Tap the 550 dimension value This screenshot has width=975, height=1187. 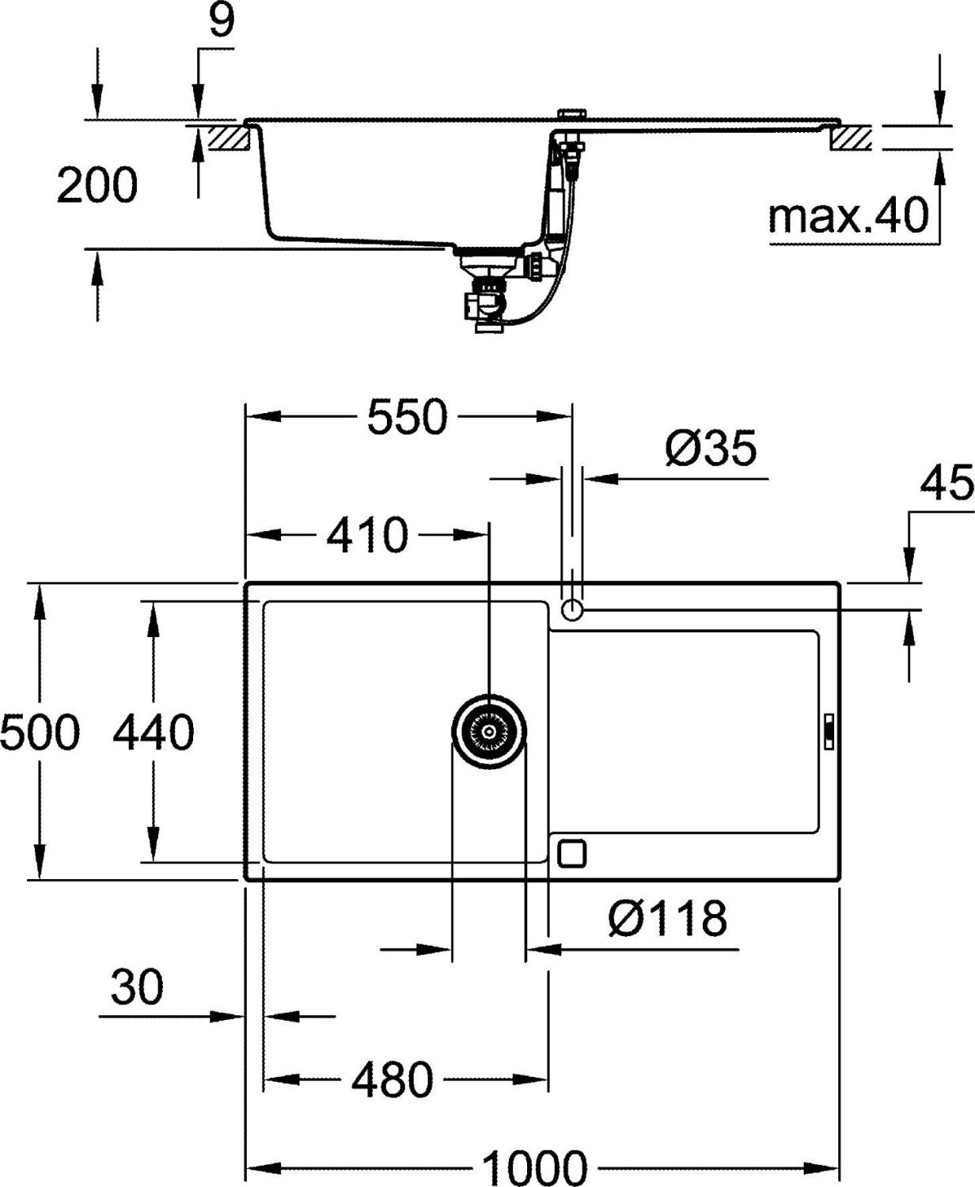pyautogui.click(x=408, y=417)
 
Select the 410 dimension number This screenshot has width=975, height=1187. pyautogui.click(x=367, y=536)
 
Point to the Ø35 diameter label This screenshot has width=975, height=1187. pyautogui.click(x=711, y=449)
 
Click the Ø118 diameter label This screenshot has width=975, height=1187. pyautogui.click(x=667, y=919)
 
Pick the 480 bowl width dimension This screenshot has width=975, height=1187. pyautogui.click(x=393, y=1080)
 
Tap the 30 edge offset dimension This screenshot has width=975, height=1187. pyautogui.click(x=137, y=988)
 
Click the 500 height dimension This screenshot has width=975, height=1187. pyautogui.click(x=40, y=732)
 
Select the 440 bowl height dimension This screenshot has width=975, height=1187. pyautogui.click(x=153, y=732)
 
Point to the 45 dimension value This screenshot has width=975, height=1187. pyautogui.click(x=946, y=484)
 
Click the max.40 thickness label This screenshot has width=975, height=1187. pyautogui.click(x=848, y=215)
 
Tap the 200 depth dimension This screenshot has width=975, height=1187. pyautogui.click(x=97, y=186)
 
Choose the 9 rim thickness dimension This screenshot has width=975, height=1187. pyautogui.click(x=222, y=22)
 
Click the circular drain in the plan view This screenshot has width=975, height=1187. pyautogui.click(x=490, y=732)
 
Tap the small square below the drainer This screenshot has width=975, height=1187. pyautogui.click(x=572, y=853)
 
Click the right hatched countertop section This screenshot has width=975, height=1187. pyautogui.click(x=852, y=139)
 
